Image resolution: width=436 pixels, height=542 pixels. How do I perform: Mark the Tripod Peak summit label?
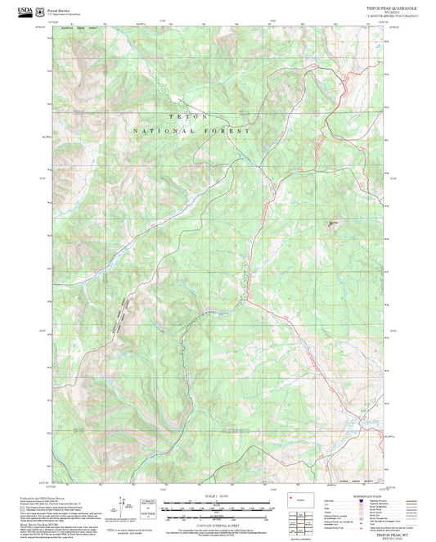pos(333,222)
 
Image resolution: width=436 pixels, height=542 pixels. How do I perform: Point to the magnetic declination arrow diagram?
pos(128,504)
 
